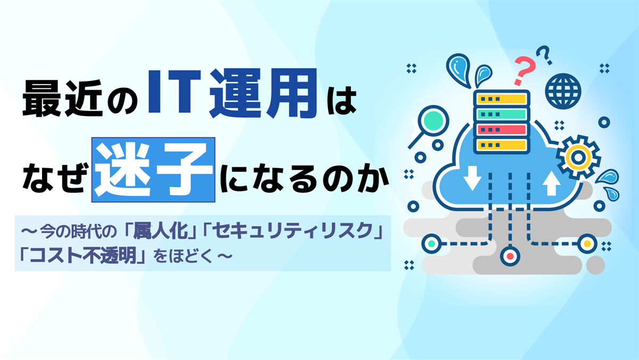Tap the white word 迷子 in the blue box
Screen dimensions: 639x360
[153, 170]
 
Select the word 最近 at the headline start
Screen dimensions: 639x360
[63, 99]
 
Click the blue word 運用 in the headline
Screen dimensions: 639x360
[263, 93]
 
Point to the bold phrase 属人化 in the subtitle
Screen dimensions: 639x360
[161, 231]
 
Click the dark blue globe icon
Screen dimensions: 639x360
[563, 91]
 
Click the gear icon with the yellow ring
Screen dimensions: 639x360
[578, 157]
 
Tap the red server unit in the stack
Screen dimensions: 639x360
[502, 130]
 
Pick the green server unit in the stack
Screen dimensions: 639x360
[502, 114]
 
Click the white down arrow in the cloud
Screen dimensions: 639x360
[472, 178]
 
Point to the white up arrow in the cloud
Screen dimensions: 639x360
[552, 183]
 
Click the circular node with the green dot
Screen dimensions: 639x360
[432, 243]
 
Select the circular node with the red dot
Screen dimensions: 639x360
[510, 256]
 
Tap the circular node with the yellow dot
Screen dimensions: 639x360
[587, 243]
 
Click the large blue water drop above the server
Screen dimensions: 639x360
[458, 69]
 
